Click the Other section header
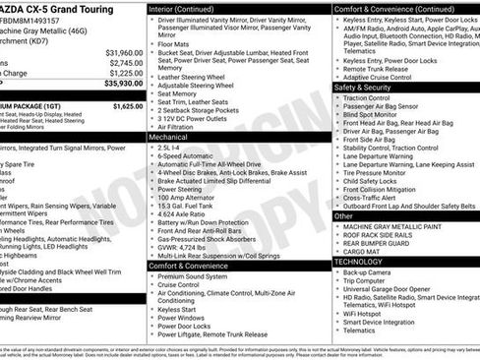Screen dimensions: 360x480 (343, 215)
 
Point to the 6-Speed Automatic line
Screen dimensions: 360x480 (186, 155)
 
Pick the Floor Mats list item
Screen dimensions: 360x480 (173, 43)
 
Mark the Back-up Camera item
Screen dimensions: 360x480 (367, 272)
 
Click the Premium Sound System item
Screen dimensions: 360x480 (193, 276)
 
